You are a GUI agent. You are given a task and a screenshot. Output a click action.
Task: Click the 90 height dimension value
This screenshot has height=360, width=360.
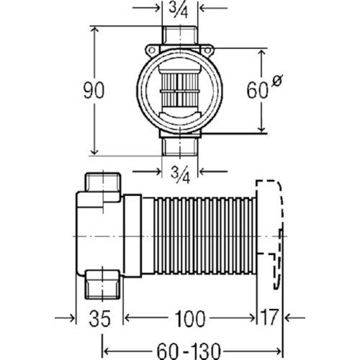point(94,91)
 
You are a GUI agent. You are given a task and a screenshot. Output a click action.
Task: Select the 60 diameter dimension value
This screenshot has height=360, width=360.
point(257,91)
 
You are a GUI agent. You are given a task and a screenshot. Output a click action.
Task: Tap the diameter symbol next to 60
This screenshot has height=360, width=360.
point(277,80)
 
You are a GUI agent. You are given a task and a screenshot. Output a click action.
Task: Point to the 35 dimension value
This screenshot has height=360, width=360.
point(99,318)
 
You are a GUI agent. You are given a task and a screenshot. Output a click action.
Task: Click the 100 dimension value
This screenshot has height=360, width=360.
point(189,318)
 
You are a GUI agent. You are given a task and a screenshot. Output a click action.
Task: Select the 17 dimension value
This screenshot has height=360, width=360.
point(269,318)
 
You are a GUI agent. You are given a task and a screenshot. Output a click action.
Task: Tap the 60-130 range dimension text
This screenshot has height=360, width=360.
point(189,351)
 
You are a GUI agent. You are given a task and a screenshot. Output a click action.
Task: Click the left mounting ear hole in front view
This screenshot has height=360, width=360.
point(151,50)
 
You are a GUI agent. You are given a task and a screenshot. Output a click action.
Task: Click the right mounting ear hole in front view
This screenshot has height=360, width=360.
point(207,50)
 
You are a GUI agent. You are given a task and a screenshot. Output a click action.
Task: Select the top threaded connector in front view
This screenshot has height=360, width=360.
point(180,35)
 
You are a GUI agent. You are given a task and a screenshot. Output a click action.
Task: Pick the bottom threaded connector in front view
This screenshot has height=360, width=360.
point(180,146)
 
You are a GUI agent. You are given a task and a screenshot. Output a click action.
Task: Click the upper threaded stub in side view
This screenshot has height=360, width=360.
point(103,182)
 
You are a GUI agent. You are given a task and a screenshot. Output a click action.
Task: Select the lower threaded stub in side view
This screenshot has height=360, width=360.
point(103,285)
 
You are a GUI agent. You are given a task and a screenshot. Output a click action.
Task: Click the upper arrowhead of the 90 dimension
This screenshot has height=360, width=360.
point(94,30)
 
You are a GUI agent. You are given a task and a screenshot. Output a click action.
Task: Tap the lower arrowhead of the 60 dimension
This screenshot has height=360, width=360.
point(262,128)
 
